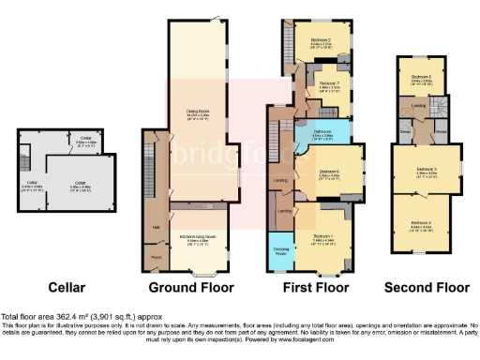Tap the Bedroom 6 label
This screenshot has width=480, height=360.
326,172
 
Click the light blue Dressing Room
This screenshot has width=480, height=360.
280,250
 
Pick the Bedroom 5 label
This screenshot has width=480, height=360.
420,77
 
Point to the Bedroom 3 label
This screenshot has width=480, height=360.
420,171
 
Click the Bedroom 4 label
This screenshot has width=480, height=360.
420,223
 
